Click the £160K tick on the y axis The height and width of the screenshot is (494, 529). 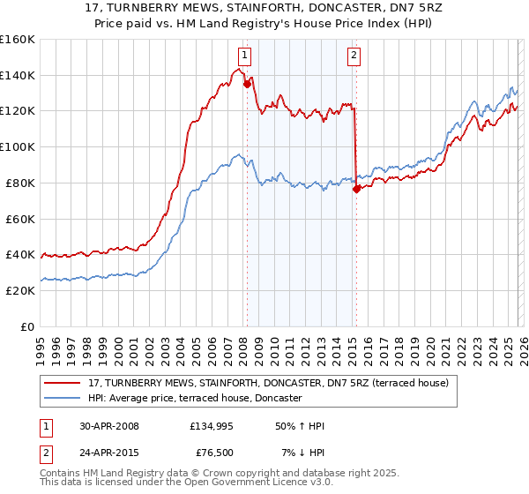18,40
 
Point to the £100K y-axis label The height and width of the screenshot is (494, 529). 18,147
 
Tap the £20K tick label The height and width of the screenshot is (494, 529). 20,290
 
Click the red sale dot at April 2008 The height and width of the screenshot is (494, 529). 247,85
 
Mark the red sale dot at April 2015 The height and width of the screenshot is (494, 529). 355,189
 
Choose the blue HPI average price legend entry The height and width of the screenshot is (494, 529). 195,398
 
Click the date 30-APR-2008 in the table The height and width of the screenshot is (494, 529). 108,426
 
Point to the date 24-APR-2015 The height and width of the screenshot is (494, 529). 108,453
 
